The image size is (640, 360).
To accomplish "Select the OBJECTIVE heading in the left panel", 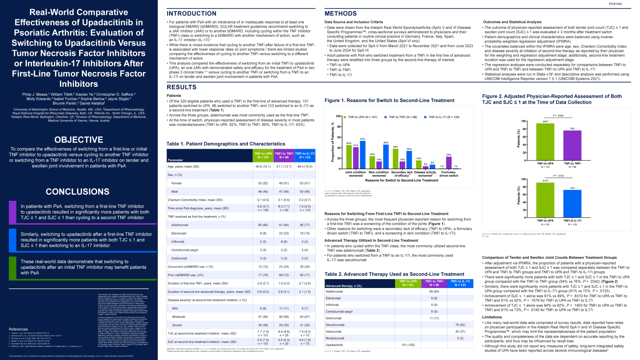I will pyautogui.click(x=79, y=140).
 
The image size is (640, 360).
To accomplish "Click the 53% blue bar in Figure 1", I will pyautogui.click(x=363, y=154).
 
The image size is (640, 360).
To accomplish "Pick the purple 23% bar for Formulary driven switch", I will pyautogui.click(x=449, y=162).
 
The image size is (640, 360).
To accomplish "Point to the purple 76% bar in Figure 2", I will pyautogui.click(x=572, y=145).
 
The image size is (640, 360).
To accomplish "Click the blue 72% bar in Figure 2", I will pyautogui.click(x=572, y=204).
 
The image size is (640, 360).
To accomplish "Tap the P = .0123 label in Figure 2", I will pyautogui.click(x=559, y=176).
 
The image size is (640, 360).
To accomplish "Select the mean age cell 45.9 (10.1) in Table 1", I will pyautogui.click(x=263, y=166).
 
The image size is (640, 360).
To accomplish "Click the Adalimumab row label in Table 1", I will pyautogui.click(x=180, y=225).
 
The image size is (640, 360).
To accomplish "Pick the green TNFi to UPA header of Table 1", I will pyautogui.click(x=263, y=155).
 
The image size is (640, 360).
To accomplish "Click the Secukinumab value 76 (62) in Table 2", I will pyautogui.click(x=460, y=325).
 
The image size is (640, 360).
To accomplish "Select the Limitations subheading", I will pyautogui.click(x=492, y=317).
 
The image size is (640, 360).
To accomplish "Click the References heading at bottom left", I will pyautogui.click(x=18, y=329).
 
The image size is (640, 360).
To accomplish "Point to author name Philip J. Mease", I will pyautogui.click(x=35, y=94).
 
